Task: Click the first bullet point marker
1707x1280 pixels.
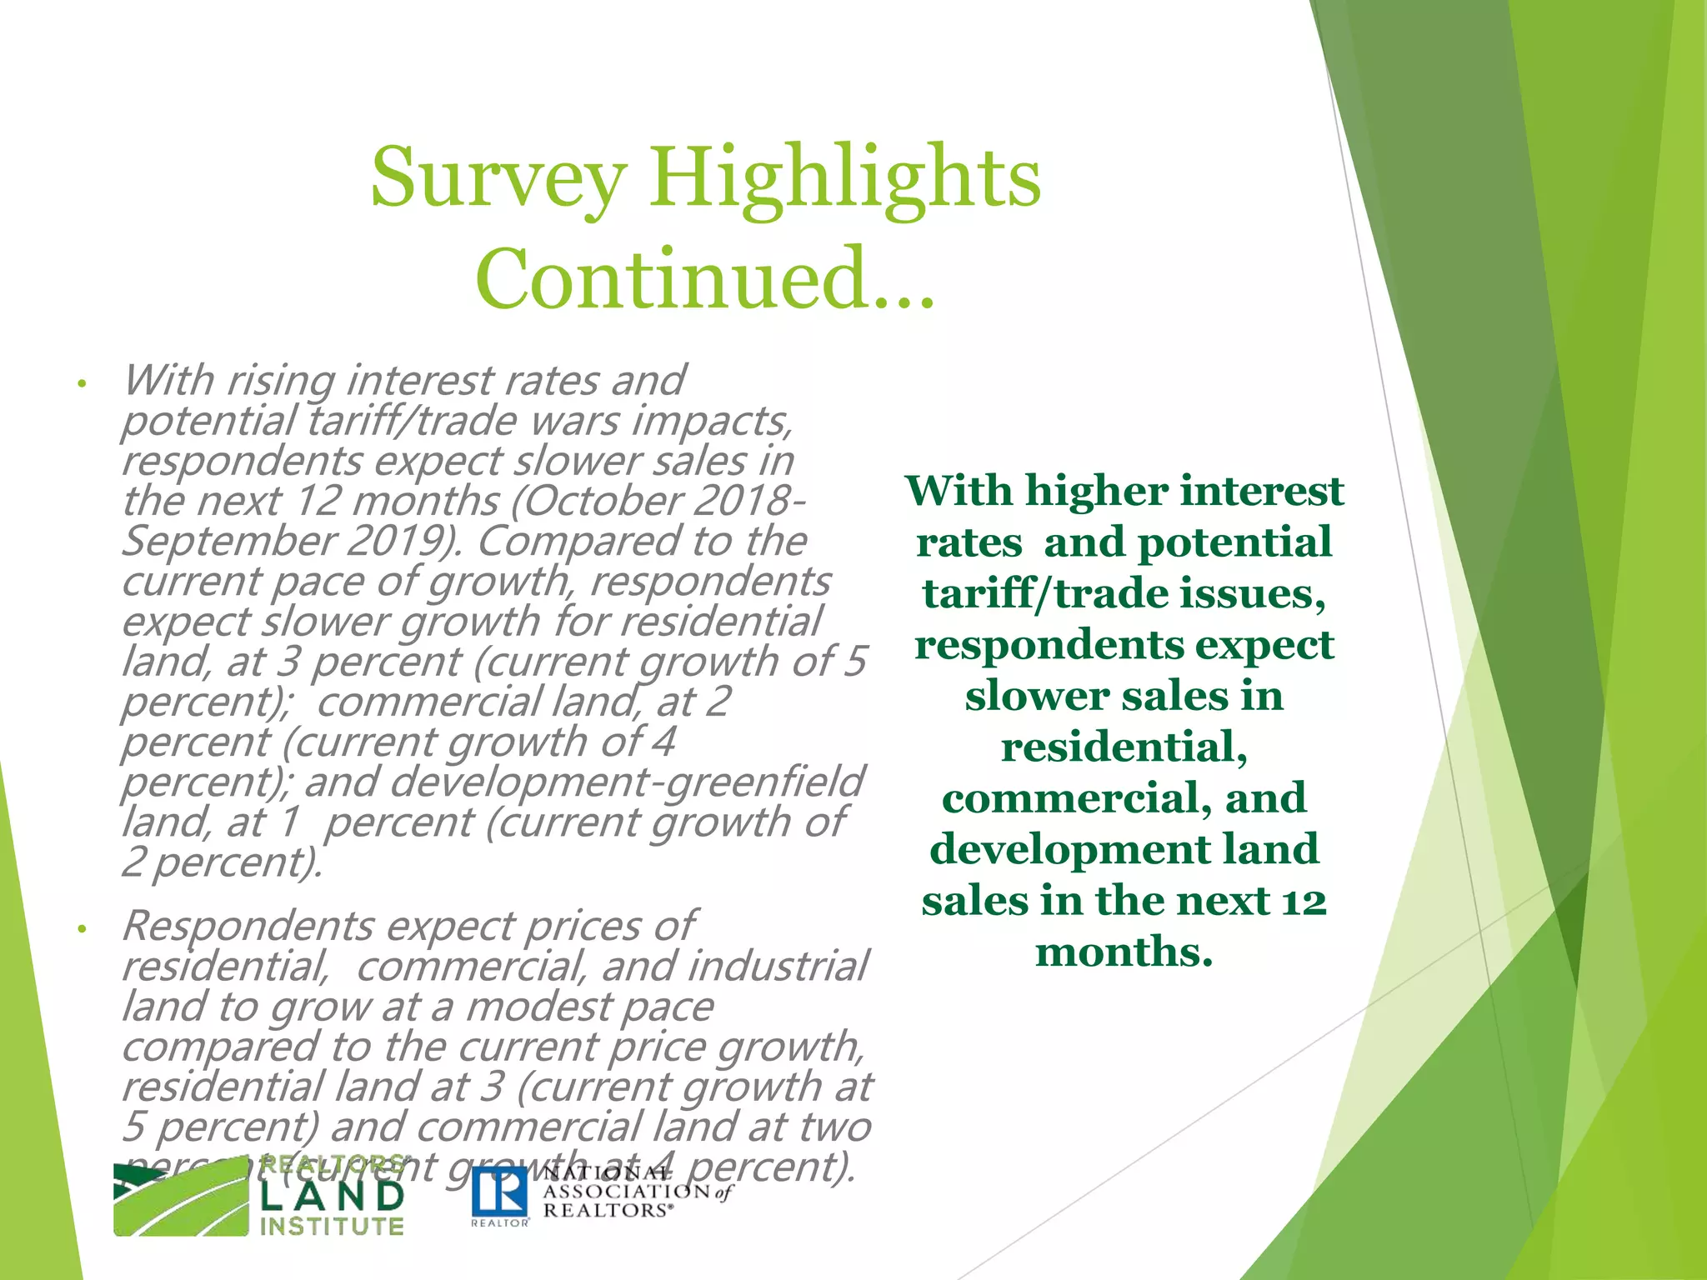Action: tap(82, 385)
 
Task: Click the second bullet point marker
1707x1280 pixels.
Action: tap(82, 929)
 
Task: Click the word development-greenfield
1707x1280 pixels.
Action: tap(625, 782)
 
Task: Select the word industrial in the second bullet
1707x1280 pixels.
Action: tap(777, 967)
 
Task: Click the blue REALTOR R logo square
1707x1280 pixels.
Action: tap(500, 1192)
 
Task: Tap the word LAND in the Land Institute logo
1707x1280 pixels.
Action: tap(332, 1197)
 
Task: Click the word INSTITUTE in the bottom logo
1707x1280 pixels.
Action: tap(332, 1227)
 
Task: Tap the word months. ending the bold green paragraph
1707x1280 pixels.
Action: tap(1124, 952)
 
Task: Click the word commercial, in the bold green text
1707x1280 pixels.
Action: tap(1076, 798)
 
